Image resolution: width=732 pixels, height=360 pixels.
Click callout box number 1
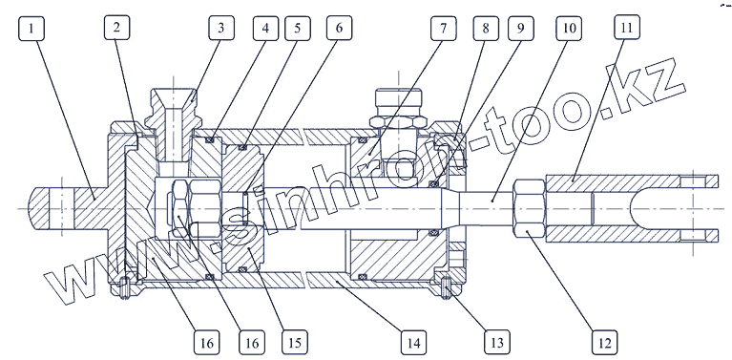(x=31, y=28)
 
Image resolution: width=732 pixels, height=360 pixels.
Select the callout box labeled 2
(x=116, y=27)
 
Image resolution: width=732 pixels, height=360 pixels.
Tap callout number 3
(x=221, y=28)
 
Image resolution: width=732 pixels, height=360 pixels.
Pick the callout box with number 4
(x=265, y=28)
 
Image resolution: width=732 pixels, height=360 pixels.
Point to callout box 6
(x=339, y=28)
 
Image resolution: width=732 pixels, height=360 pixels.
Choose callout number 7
(x=444, y=28)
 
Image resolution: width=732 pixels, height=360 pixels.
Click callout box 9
(x=521, y=28)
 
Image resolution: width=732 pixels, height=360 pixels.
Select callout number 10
(x=569, y=28)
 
